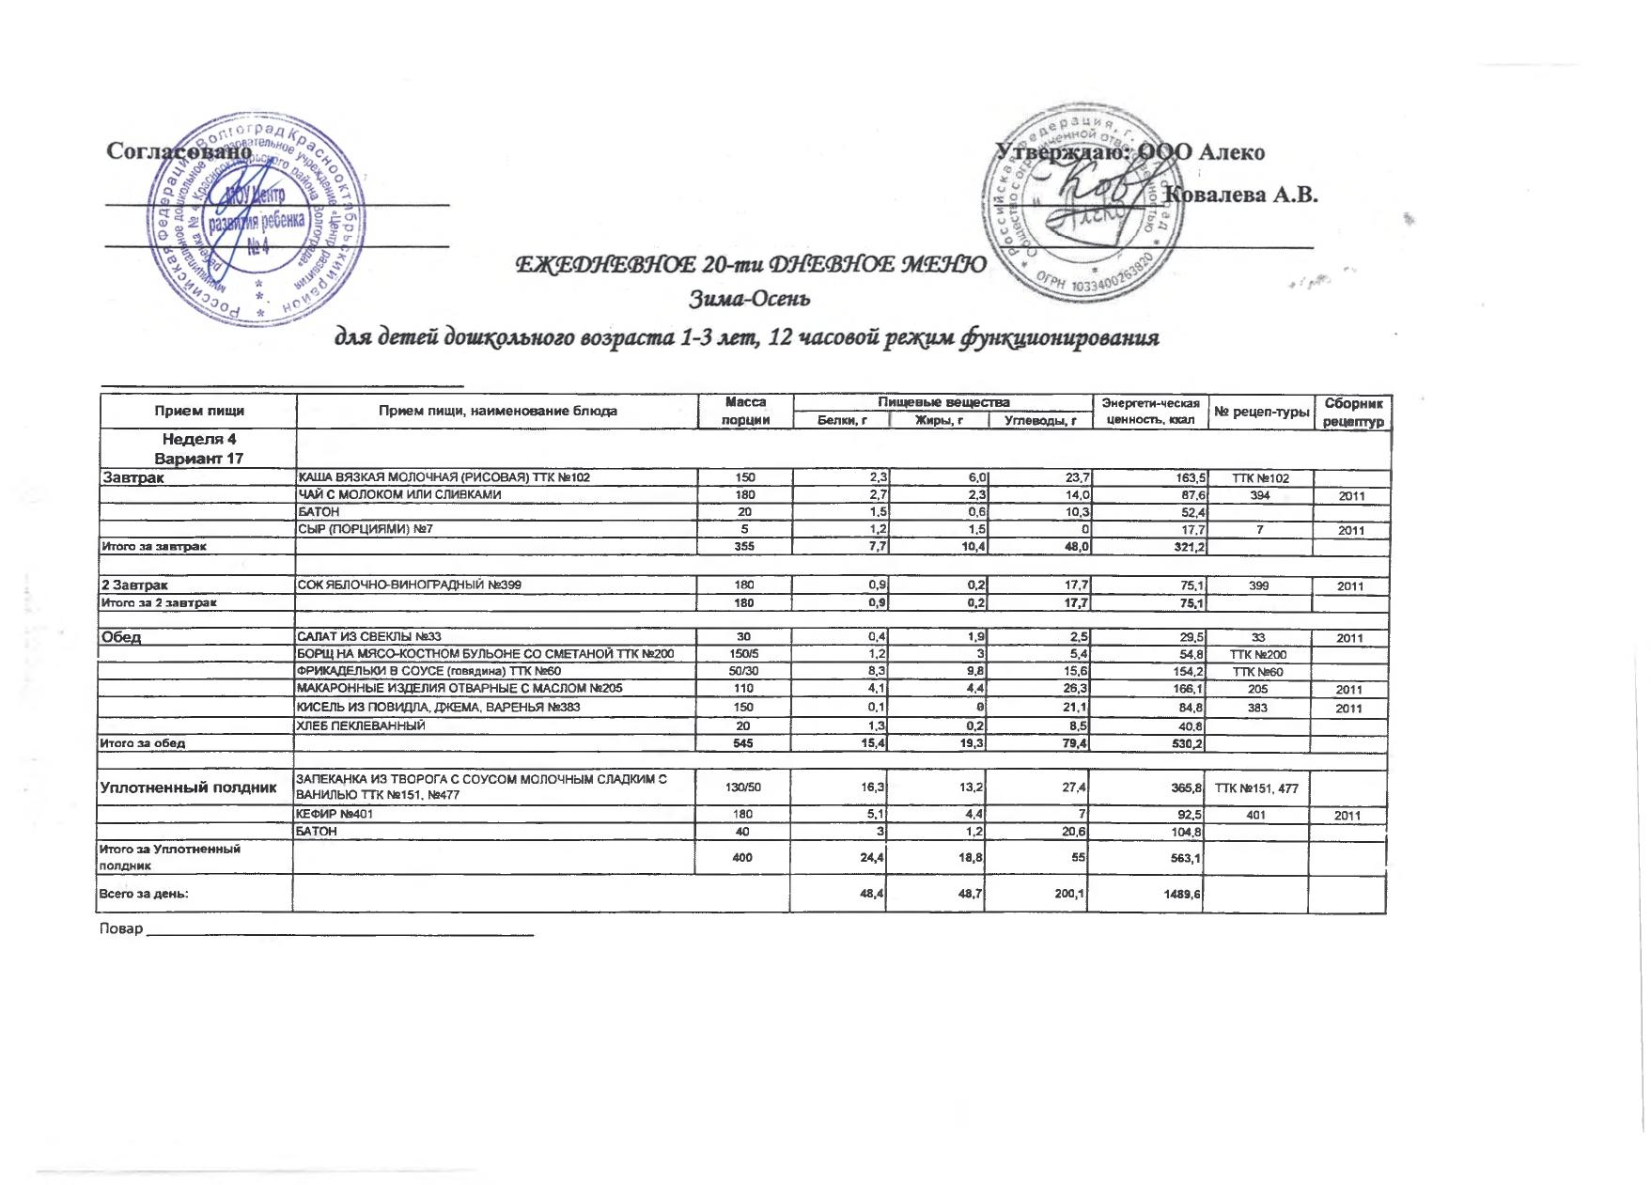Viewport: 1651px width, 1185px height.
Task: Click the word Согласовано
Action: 179,150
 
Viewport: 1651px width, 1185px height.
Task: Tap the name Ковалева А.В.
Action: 1240,195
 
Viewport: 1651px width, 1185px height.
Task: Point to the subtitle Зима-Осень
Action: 750,300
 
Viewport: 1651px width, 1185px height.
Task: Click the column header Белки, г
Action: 841,420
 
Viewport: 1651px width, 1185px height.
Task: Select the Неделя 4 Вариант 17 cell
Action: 198,448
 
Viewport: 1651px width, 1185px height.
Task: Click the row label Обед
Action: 121,637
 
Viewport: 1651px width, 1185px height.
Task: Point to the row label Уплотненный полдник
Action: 188,787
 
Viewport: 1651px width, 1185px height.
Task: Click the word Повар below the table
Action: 120,928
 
